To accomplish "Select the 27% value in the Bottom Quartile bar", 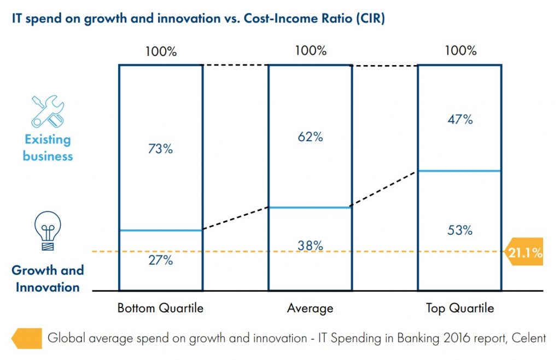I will [x=160, y=260].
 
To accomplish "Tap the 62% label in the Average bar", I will [x=310, y=137].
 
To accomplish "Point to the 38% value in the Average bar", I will [x=310, y=246].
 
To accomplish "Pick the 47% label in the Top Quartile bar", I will [x=460, y=119].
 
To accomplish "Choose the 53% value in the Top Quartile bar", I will [x=460, y=230].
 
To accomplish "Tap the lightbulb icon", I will [x=48, y=231].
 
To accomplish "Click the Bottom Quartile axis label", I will [x=160, y=309].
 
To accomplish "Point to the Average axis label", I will [x=310, y=309].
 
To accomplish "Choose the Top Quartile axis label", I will [x=460, y=309].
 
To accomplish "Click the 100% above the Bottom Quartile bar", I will [x=161, y=52].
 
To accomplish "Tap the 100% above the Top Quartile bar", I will [x=460, y=51].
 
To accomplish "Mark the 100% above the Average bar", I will [x=310, y=51].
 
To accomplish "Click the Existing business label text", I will [x=48, y=148].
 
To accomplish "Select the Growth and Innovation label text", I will [x=48, y=278].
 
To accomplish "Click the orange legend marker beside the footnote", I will [x=26, y=338].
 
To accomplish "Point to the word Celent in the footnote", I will [x=528, y=338].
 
